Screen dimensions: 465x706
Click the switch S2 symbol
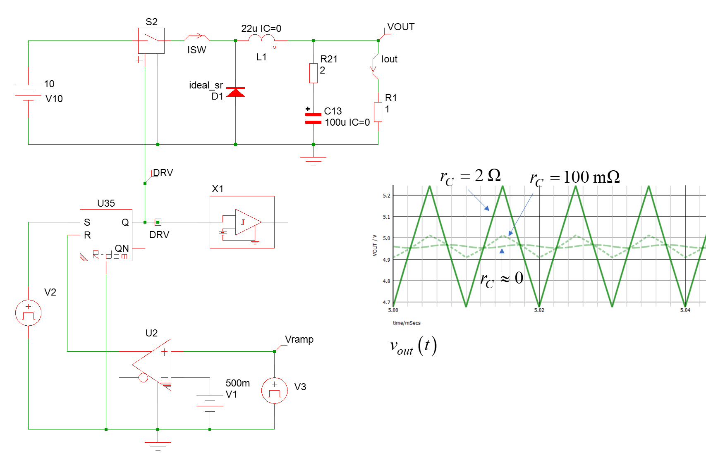pyautogui.click(x=151, y=41)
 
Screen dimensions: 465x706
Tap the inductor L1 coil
pyautogui.click(x=262, y=38)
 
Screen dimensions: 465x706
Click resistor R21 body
pyautogui.click(x=314, y=73)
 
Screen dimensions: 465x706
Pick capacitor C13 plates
pyautogui.click(x=313, y=118)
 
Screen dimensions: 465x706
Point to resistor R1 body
pyautogui.click(x=378, y=112)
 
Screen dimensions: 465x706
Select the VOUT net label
pyautogui.click(x=400, y=27)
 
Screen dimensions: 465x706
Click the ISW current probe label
pyautogui.click(x=196, y=50)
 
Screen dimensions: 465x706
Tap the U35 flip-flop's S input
pyautogui.click(x=87, y=222)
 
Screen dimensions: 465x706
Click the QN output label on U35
pyautogui.click(x=122, y=248)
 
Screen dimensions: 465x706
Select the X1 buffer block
pyautogui.click(x=242, y=222)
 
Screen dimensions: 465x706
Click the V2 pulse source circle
pyautogui.click(x=28, y=312)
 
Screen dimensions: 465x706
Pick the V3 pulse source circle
pyautogui.click(x=275, y=390)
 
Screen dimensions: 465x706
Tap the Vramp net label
pyautogui.click(x=299, y=340)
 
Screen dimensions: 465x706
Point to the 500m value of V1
pyautogui.click(x=237, y=383)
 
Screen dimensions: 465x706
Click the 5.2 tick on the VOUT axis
pyautogui.click(x=386, y=196)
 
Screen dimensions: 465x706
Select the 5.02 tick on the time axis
pyautogui.click(x=539, y=310)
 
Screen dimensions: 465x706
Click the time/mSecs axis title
pyautogui.click(x=406, y=323)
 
